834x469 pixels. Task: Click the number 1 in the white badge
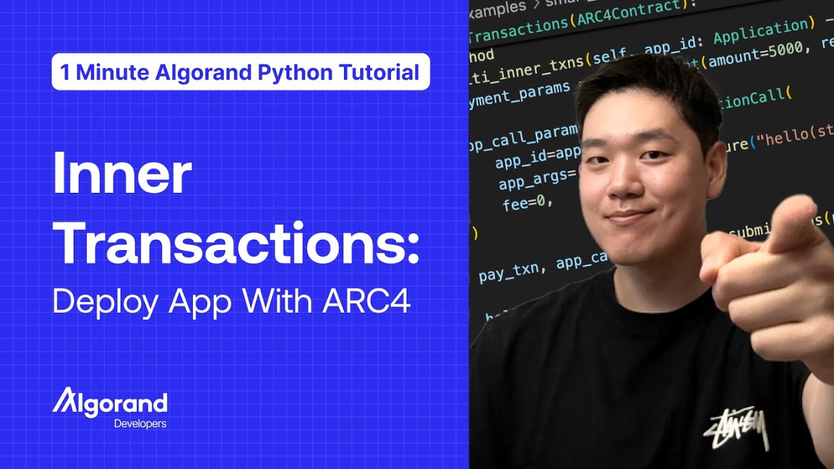[65, 72]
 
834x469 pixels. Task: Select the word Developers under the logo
[140, 424]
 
